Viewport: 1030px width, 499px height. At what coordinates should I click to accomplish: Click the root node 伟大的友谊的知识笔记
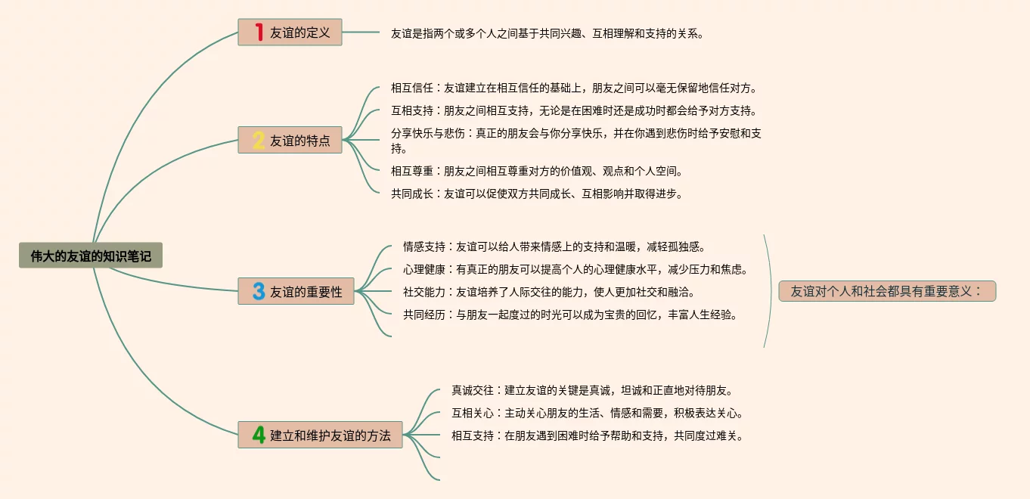pyautogui.click(x=91, y=256)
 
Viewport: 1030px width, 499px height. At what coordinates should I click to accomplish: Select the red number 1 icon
pyautogui.click(x=259, y=33)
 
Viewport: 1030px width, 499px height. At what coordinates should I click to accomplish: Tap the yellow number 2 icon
pyautogui.click(x=259, y=140)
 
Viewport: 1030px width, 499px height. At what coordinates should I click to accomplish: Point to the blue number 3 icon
pyautogui.click(x=259, y=291)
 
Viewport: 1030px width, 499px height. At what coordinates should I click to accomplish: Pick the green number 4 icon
pyautogui.click(x=259, y=435)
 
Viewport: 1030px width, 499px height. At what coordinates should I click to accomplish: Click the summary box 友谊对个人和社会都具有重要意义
pyautogui.click(x=886, y=291)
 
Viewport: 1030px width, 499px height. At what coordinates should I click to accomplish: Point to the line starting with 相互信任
pyautogui.click(x=573, y=88)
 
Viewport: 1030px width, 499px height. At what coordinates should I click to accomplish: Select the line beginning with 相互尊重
pyautogui.click(x=536, y=171)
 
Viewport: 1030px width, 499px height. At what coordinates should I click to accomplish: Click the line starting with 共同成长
pyautogui.click(x=536, y=194)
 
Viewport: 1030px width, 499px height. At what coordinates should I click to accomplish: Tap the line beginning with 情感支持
pyautogui.click(x=554, y=246)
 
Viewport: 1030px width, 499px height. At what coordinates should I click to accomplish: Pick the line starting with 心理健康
pyautogui.click(x=575, y=269)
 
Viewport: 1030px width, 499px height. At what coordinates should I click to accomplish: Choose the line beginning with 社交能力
pyautogui.click(x=548, y=292)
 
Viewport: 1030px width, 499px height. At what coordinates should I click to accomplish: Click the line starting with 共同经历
pyautogui.click(x=570, y=315)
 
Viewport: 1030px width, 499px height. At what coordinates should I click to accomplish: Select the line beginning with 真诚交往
pyautogui.click(x=592, y=390)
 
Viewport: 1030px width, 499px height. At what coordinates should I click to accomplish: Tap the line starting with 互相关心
pyautogui.click(x=597, y=413)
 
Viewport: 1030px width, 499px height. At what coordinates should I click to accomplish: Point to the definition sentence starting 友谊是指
pyautogui.click(x=547, y=33)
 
